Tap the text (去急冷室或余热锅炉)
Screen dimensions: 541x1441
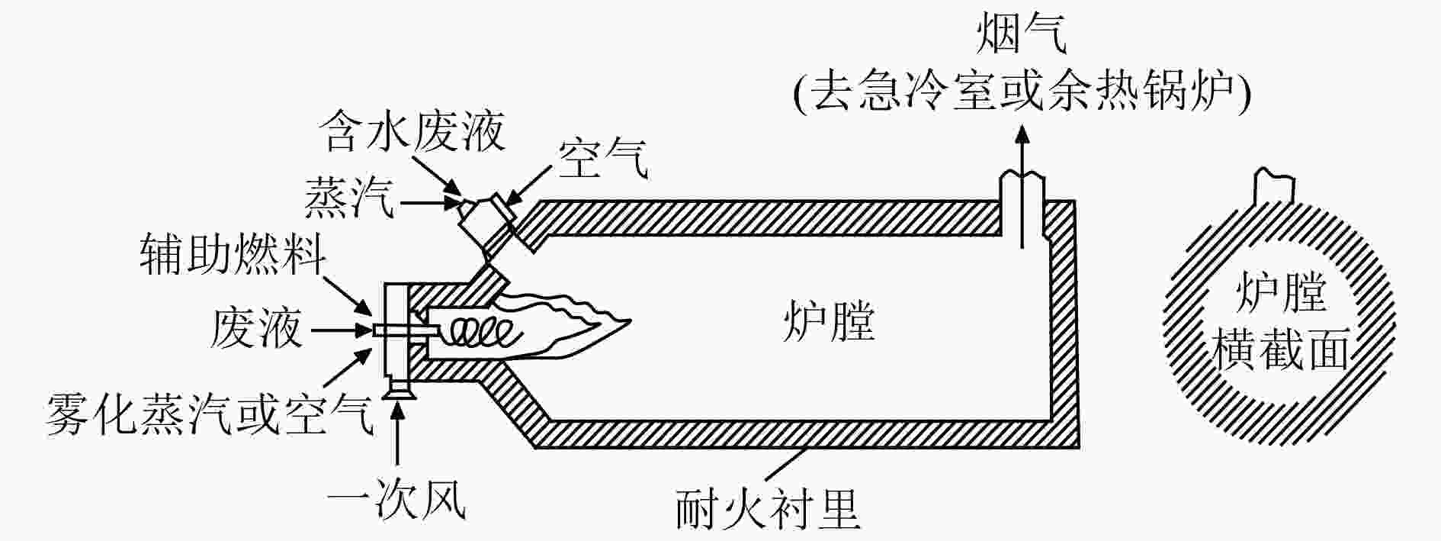tap(1022, 93)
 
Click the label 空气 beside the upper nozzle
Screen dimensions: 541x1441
tap(603, 159)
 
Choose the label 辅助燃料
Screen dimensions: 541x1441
tap(233, 254)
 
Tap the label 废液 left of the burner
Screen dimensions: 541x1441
tap(256, 329)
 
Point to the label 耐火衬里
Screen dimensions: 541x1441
tap(768, 510)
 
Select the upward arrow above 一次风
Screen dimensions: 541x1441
tap(397, 435)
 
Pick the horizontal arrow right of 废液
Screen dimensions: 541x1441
tap(343, 330)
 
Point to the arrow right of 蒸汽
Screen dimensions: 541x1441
tap(431, 203)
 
